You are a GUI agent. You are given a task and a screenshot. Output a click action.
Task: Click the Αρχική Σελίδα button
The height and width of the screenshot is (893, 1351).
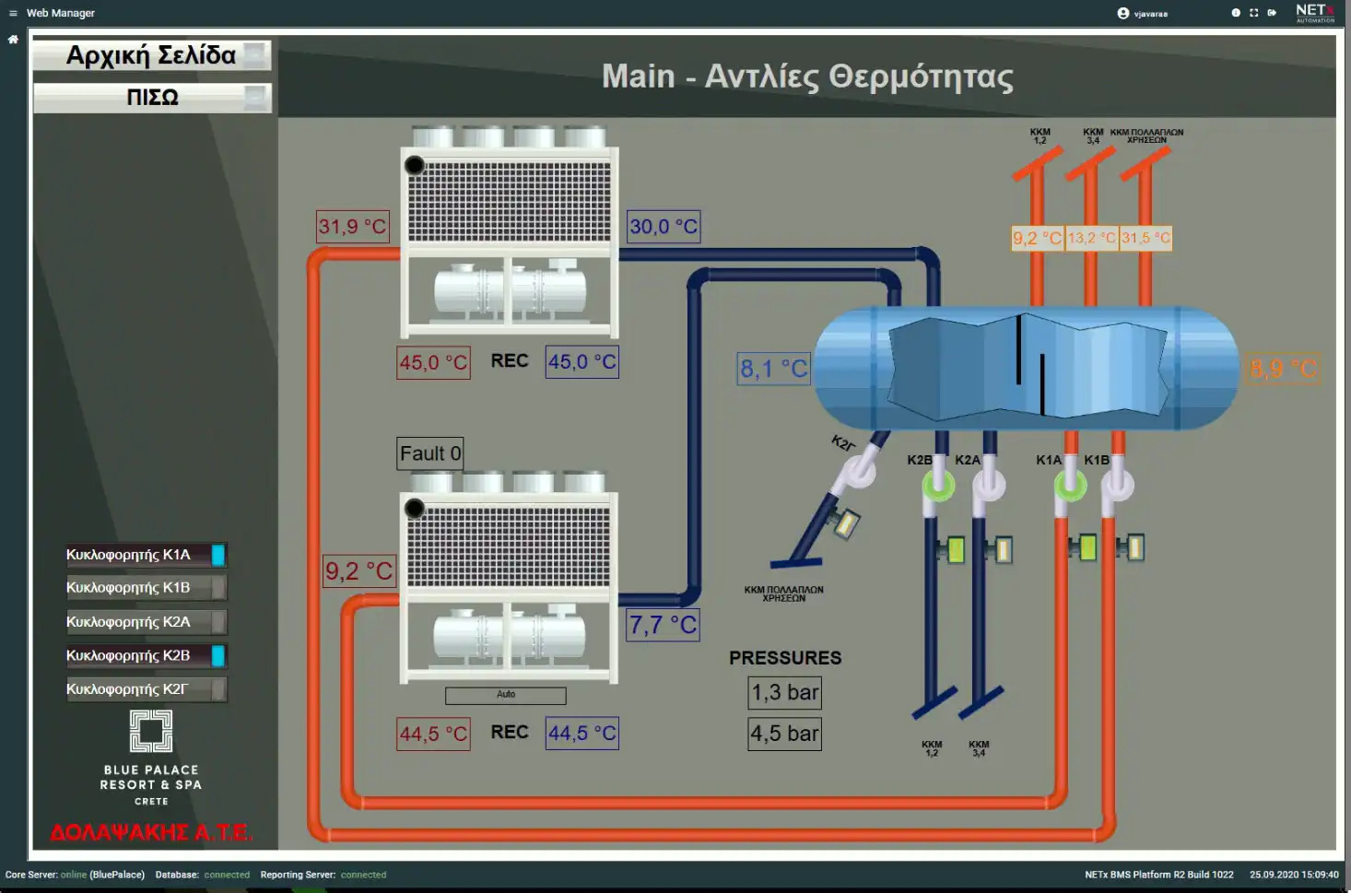152,56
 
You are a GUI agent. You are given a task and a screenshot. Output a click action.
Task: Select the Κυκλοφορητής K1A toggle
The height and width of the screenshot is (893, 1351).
146,555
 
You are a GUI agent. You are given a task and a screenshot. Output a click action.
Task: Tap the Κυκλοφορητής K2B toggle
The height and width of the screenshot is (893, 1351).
146,656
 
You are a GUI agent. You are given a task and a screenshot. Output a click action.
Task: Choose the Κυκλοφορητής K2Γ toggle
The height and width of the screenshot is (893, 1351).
146,689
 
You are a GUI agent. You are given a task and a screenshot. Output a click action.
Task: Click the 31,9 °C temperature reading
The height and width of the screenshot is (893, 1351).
352,227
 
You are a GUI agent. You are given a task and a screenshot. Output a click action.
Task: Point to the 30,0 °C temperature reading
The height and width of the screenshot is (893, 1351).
664,227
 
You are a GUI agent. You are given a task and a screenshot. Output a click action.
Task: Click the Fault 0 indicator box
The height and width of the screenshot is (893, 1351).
429,453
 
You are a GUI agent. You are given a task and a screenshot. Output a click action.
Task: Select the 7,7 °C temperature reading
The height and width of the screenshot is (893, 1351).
663,625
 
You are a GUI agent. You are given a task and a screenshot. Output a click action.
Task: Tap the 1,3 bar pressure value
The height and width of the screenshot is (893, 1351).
784,693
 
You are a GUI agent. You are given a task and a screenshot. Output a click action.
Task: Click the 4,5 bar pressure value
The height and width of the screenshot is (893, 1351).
784,734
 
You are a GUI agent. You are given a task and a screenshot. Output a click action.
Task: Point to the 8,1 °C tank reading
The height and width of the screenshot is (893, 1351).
773,370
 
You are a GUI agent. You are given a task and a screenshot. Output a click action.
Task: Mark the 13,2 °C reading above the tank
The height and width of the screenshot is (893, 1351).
1091,238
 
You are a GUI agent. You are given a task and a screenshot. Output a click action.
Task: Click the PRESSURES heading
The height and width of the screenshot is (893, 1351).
785,658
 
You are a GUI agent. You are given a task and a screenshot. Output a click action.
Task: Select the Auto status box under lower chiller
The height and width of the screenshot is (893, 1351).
506,695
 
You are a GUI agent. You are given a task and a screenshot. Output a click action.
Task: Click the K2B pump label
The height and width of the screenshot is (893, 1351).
920,460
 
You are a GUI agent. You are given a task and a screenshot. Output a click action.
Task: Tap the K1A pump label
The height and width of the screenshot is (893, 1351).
1049,460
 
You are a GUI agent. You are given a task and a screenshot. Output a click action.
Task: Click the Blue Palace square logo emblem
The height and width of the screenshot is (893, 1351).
151,731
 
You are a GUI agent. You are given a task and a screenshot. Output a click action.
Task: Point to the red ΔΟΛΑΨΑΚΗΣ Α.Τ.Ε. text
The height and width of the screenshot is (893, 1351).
151,833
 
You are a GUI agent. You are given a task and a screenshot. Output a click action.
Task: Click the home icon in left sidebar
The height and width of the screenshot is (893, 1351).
13,40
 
